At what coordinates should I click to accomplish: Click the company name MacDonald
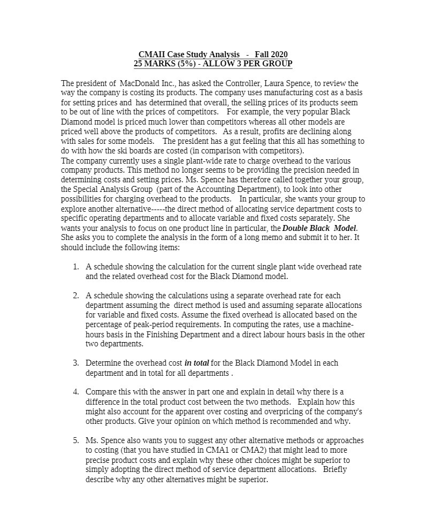click(139, 84)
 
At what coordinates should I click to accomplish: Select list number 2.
click(76, 296)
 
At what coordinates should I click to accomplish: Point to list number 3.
click(76, 363)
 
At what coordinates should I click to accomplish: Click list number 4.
click(76, 392)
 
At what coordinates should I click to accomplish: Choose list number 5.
click(76, 440)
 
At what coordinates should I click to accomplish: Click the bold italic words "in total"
click(196, 363)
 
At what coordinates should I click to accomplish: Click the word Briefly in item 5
click(335, 469)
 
